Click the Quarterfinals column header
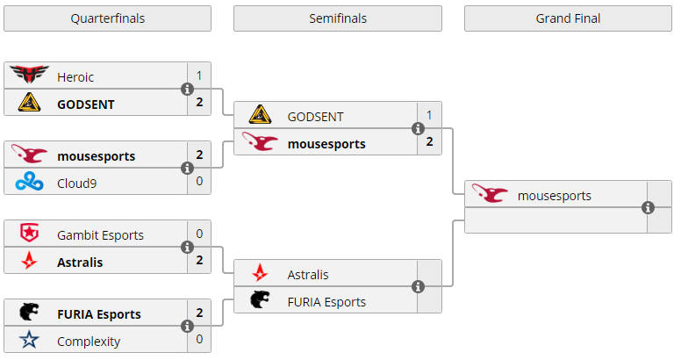click(107, 18)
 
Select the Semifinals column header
click(338, 18)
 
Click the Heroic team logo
click(30, 76)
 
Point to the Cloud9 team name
click(76, 182)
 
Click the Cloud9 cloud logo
click(30, 182)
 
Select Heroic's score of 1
click(199, 76)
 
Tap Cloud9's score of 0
click(199, 182)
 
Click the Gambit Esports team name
click(100, 234)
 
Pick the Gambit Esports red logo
click(30, 234)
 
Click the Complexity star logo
click(30, 341)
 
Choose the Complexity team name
click(89, 341)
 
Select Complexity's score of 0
click(199, 341)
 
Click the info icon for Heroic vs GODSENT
click(187, 90)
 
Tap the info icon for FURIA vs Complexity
click(187, 327)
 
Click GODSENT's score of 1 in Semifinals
click(429, 116)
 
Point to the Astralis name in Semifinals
click(308, 275)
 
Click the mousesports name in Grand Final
click(555, 195)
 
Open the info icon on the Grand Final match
click(648, 208)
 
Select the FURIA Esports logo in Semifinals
click(261, 301)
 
